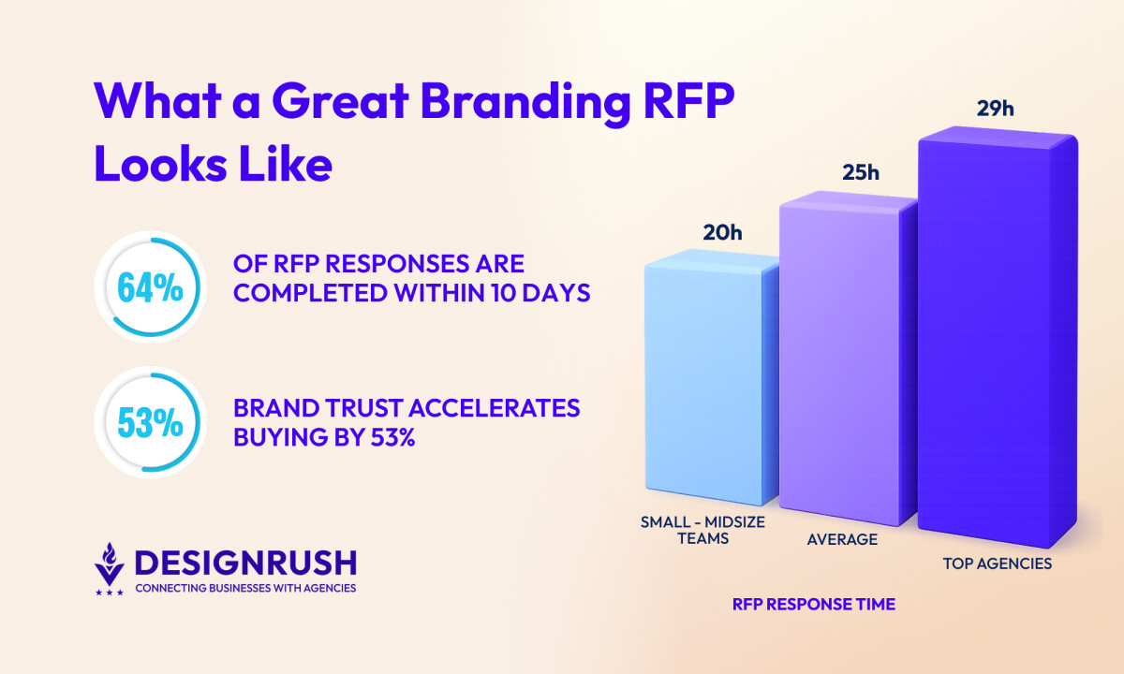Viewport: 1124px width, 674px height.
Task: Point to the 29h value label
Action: click(995, 109)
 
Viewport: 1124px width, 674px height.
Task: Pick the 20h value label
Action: click(722, 233)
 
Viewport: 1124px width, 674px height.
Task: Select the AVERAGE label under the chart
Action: click(842, 539)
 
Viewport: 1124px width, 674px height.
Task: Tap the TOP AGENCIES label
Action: click(997, 564)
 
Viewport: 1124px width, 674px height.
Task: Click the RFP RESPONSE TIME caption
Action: click(813, 605)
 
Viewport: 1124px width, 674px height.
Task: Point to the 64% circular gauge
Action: click(150, 287)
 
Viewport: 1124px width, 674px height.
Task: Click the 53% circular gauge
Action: click(150, 424)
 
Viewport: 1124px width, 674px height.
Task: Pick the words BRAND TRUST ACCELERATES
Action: click(406, 409)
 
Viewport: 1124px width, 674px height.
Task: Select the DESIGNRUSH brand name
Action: click(245, 563)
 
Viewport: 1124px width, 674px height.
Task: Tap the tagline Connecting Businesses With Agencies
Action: click(245, 588)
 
